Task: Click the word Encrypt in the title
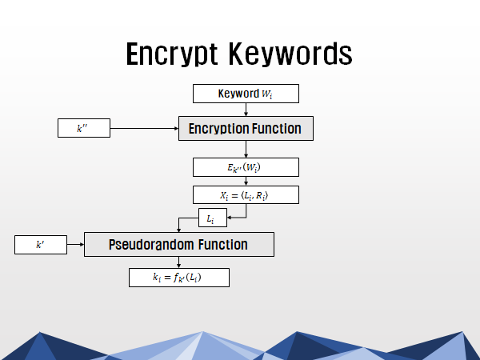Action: [x=172, y=54]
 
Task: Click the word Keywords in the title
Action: [x=290, y=54]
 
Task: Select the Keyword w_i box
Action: [x=246, y=94]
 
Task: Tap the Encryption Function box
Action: [x=246, y=129]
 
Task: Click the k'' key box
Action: [x=84, y=128]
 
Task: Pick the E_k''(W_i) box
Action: [x=246, y=167]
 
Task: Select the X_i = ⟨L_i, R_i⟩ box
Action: [x=246, y=194]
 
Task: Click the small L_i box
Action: [x=213, y=218]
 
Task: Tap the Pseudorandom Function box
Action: [x=179, y=244]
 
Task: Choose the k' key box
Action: [x=41, y=245]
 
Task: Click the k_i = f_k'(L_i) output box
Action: [x=179, y=278]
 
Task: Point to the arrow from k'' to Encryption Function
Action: [x=144, y=128]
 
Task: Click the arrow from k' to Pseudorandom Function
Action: [x=76, y=244]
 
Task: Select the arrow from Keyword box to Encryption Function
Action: [x=246, y=110]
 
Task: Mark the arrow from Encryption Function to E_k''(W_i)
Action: [x=246, y=150]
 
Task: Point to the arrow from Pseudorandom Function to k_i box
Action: [x=178, y=262]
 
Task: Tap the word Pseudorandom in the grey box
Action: [x=147, y=245]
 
